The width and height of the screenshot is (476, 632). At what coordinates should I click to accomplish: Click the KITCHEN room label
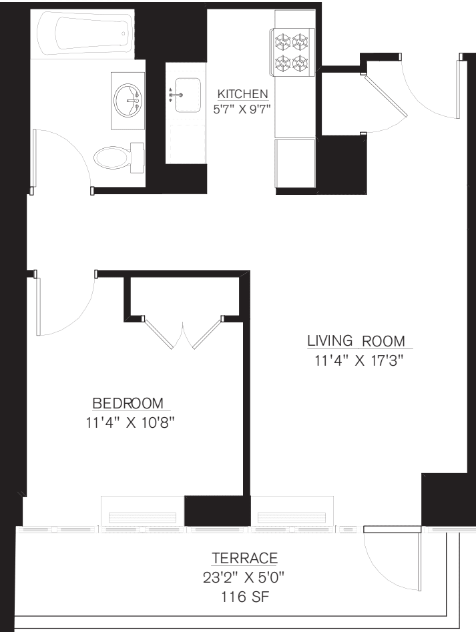click(242, 94)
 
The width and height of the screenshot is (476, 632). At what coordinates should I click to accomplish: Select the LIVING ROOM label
click(356, 341)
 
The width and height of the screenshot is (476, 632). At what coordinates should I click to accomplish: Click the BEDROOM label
click(128, 403)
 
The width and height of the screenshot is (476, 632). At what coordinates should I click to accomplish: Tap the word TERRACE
click(244, 559)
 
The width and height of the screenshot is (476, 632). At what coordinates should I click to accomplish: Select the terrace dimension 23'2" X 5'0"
click(244, 575)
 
